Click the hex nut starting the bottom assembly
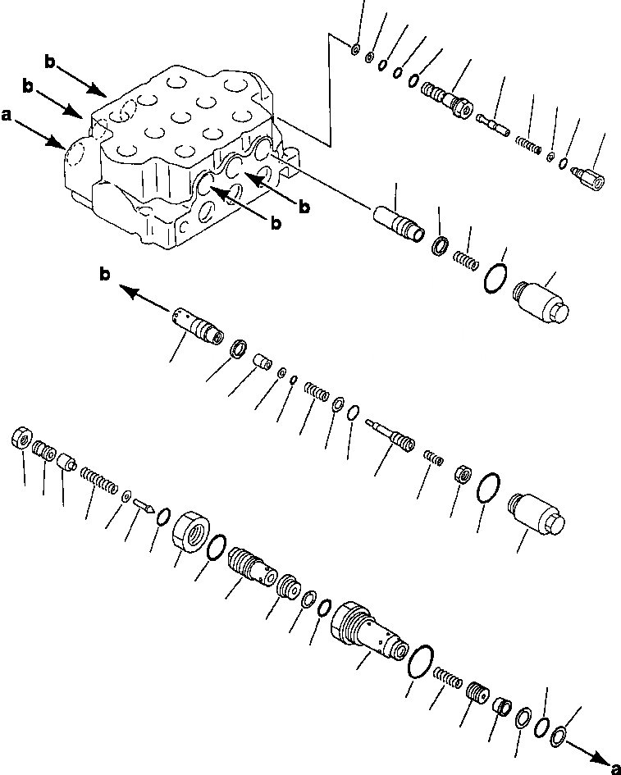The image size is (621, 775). [x=21, y=440]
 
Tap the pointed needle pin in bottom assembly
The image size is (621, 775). [x=143, y=504]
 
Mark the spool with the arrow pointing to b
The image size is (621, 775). [x=199, y=325]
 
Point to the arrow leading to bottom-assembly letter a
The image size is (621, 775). [x=583, y=748]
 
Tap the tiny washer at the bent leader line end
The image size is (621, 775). [x=354, y=49]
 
